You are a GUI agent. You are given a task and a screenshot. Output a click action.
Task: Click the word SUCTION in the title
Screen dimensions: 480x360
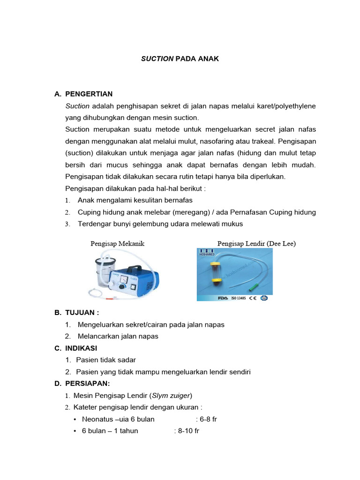click(157, 59)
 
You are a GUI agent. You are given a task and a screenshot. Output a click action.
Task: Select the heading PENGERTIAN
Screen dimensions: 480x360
click(89, 94)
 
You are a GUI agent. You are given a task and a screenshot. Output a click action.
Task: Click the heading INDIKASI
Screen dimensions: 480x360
click(81, 348)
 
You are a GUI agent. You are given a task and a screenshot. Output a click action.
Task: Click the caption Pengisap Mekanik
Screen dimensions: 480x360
click(117, 243)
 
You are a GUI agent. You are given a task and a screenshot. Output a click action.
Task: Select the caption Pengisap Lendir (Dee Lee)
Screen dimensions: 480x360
click(256, 243)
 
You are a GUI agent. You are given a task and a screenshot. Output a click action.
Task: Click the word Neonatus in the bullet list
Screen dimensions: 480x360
click(97, 419)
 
